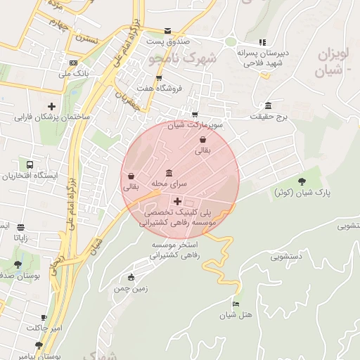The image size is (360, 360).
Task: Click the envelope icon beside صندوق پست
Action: pyautogui.click(x=167, y=31)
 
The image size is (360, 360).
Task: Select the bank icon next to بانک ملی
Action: pyautogui.click(x=64, y=63)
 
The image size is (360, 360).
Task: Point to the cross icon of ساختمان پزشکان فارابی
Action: pyautogui.click(x=51, y=106)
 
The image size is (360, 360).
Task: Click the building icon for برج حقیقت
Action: pyautogui.click(x=268, y=105)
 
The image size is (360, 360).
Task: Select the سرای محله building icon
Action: pyautogui.click(x=168, y=173)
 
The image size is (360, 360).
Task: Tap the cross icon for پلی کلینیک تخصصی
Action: pyautogui.click(x=187, y=201)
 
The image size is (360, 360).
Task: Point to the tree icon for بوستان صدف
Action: pyautogui.click(x=18, y=265)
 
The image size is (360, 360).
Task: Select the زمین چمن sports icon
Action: pyautogui.click(x=131, y=278)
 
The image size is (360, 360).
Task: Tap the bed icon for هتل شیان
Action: pyautogui.click(x=236, y=304)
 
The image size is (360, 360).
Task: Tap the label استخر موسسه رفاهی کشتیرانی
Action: pyautogui.click(x=176, y=250)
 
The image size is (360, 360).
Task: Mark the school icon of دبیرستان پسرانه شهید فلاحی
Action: pyautogui.click(x=262, y=42)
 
